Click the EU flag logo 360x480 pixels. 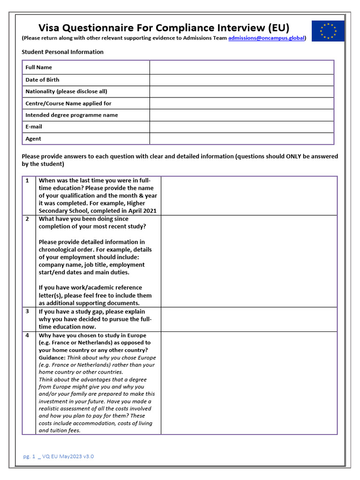coord(328,31)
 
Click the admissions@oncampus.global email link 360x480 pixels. coord(266,38)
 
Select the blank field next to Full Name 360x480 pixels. coord(241,67)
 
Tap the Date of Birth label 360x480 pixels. coord(42,80)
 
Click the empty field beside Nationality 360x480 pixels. coord(241,91)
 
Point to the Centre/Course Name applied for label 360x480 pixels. coord(68,103)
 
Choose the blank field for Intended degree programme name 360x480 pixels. coord(241,115)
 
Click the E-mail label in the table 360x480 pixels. coord(34,127)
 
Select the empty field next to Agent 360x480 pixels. coord(241,139)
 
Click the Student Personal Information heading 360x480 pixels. coord(62,52)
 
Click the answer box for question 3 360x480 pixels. coord(249,319)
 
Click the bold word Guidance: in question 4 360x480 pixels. coord(52,358)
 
